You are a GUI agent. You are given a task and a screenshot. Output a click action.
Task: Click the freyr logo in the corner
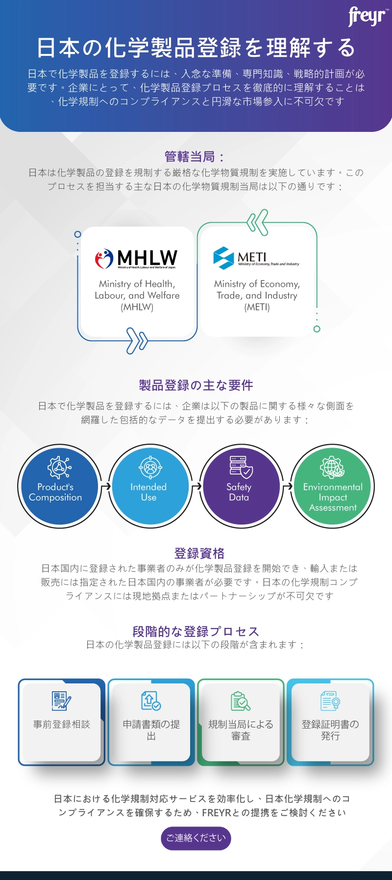(367, 17)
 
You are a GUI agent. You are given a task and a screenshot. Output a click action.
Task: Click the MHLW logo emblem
(104, 259)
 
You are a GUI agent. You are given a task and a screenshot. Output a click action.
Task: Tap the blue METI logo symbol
(223, 258)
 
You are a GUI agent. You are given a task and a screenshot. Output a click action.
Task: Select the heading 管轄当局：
(195, 157)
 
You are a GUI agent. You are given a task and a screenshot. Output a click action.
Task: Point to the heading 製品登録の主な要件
(196, 385)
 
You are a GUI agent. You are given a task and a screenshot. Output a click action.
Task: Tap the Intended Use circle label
(148, 492)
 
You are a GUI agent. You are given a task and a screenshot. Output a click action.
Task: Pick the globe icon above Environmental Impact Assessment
(332, 467)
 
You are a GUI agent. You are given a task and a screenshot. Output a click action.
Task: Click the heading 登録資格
(199, 553)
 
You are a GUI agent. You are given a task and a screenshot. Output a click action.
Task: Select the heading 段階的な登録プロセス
(196, 631)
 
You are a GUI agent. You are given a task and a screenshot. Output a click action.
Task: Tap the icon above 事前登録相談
(61, 701)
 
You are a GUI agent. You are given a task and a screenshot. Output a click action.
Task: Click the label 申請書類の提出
(151, 730)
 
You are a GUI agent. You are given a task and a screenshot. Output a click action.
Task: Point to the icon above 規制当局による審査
(241, 701)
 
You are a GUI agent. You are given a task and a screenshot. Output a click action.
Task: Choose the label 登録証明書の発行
(330, 730)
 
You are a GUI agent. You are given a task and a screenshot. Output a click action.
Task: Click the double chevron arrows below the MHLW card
(137, 340)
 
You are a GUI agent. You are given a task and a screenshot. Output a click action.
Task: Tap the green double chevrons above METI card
(258, 222)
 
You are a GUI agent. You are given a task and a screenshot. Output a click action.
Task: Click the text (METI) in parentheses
(257, 307)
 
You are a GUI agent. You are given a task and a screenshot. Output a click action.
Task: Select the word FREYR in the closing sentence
(216, 813)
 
